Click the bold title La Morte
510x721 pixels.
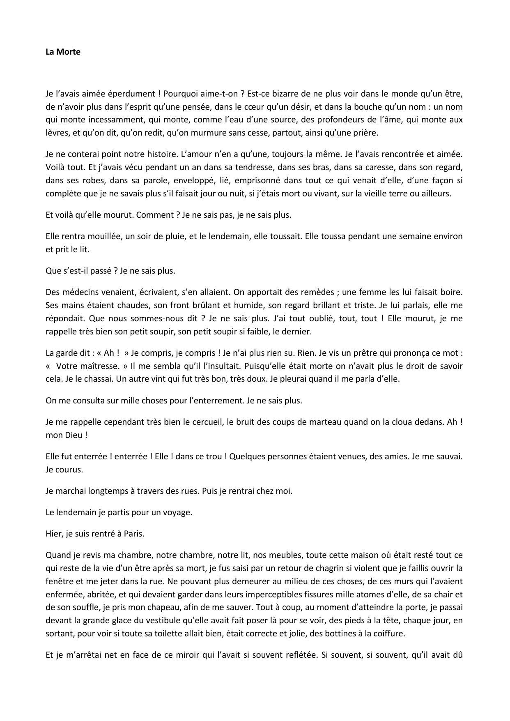click(63, 52)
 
